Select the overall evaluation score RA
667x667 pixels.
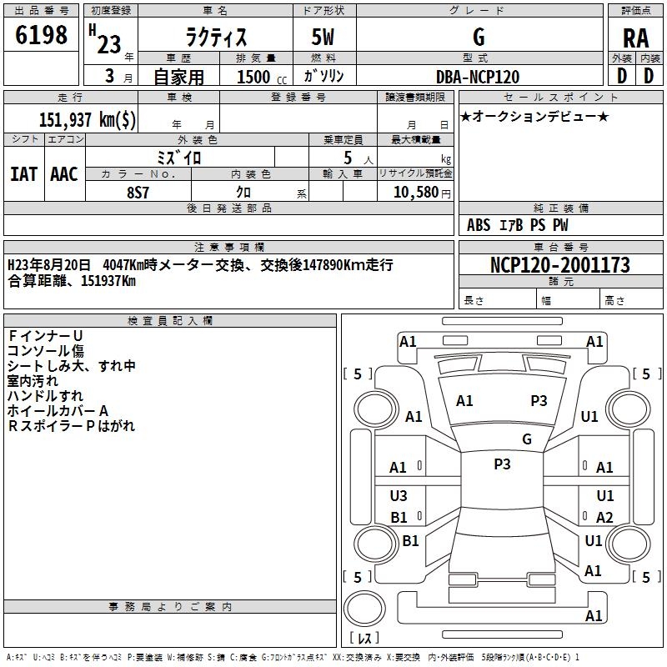(x=635, y=38)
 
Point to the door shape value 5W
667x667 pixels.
(x=324, y=37)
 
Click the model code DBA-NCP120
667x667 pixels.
(x=478, y=77)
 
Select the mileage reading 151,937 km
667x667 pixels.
(x=88, y=119)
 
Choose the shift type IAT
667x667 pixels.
(x=23, y=173)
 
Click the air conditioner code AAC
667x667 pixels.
(x=64, y=173)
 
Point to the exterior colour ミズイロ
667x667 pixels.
(x=179, y=157)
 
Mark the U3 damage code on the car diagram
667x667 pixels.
(x=399, y=496)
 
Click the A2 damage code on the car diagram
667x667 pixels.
(x=604, y=518)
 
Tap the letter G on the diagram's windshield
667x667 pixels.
(x=526, y=439)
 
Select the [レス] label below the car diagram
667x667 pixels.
(x=364, y=638)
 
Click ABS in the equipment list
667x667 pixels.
(x=479, y=225)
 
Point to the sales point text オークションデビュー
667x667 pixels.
(x=534, y=116)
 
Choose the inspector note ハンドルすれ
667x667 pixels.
(x=45, y=395)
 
